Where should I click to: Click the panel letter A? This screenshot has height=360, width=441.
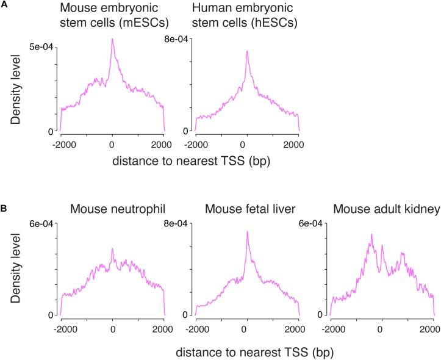coord(5,5)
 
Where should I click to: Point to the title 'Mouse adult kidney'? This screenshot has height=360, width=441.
coord(382,209)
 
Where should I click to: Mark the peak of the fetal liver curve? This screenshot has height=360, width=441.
coord(247,231)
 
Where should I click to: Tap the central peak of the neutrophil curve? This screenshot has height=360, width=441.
coord(112,249)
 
